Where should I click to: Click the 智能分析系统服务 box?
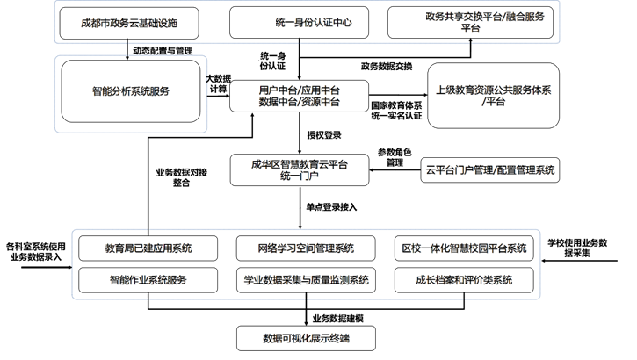tap(132, 90)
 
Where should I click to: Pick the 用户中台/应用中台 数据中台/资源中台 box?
tap(300, 95)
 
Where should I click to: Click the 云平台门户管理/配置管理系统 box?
tap(489, 169)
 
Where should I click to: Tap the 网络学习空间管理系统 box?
tap(306, 248)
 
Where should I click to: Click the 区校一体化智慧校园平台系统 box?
tap(463, 248)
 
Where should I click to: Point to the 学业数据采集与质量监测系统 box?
tap(306, 281)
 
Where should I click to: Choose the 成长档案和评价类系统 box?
tap(463, 281)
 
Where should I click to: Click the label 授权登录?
tap(324, 135)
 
